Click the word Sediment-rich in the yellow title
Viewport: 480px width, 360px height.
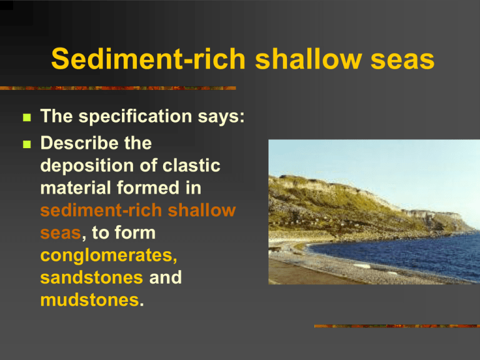click(x=149, y=59)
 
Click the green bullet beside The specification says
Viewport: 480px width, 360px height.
click(x=27, y=117)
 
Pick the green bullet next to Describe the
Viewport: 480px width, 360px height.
click(x=27, y=144)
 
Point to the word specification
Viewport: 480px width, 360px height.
click(x=135, y=117)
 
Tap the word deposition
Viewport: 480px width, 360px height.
click(x=87, y=166)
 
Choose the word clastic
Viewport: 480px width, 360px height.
click(x=191, y=166)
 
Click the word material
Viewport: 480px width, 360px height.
click(x=76, y=187)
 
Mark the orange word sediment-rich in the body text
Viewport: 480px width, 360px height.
click(x=101, y=210)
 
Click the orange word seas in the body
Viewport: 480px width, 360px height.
click(x=61, y=234)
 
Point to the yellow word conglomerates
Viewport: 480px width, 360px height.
click(x=109, y=256)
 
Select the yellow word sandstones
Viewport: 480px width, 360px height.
click(x=91, y=277)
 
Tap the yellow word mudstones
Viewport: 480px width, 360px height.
click(x=90, y=300)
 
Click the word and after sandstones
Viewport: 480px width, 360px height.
click(x=165, y=277)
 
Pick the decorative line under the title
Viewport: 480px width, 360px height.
click(x=118, y=88)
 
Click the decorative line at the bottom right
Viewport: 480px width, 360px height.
click(x=397, y=326)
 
